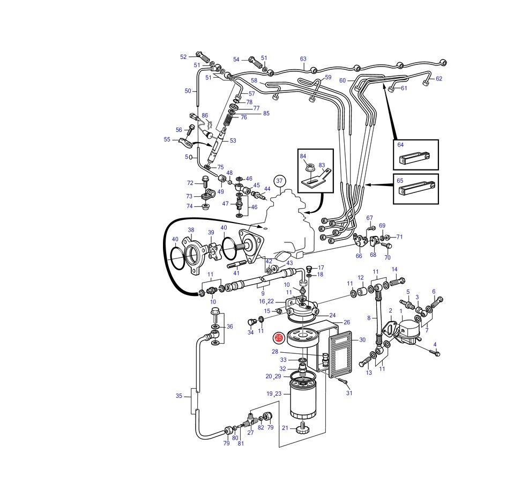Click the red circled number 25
pyautogui.click(x=279, y=338)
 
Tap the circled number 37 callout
pyautogui.click(x=279, y=181)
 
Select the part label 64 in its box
pyautogui.click(x=400, y=145)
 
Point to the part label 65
pyautogui.click(x=400, y=181)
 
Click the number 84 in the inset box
pyautogui.click(x=303, y=156)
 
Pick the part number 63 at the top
pyautogui.click(x=303, y=58)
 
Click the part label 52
pyautogui.click(x=183, y=57)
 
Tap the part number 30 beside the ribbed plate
pyautogui.click(x=362, y=340)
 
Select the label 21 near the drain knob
pyautogui.click(x=285, y=427)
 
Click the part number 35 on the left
pyautogui.click(x=178, y=396)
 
